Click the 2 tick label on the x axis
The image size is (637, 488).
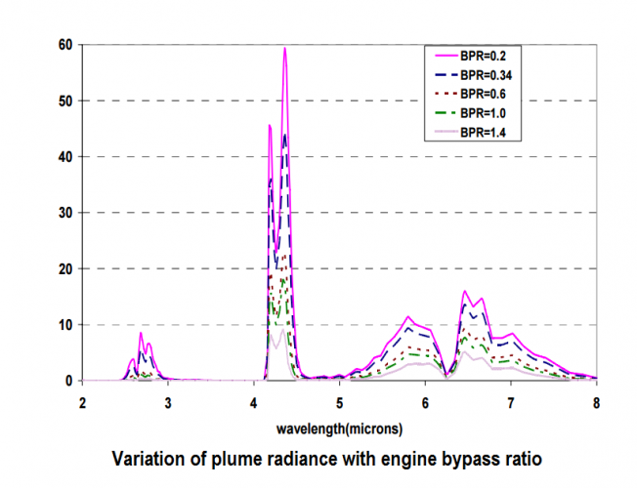(x=83, y=402)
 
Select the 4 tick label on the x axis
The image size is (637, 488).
(x=254, y=402)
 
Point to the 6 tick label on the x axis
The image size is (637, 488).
(x=425, y=402)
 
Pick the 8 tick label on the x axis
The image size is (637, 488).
(x=596, y=402)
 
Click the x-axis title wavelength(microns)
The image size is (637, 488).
(x=339, y=427)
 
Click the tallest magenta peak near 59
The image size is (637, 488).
(x=285, y=48)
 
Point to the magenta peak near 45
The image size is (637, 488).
(x=270, y=125)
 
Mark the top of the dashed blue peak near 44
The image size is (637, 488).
(x=285, y=135)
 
